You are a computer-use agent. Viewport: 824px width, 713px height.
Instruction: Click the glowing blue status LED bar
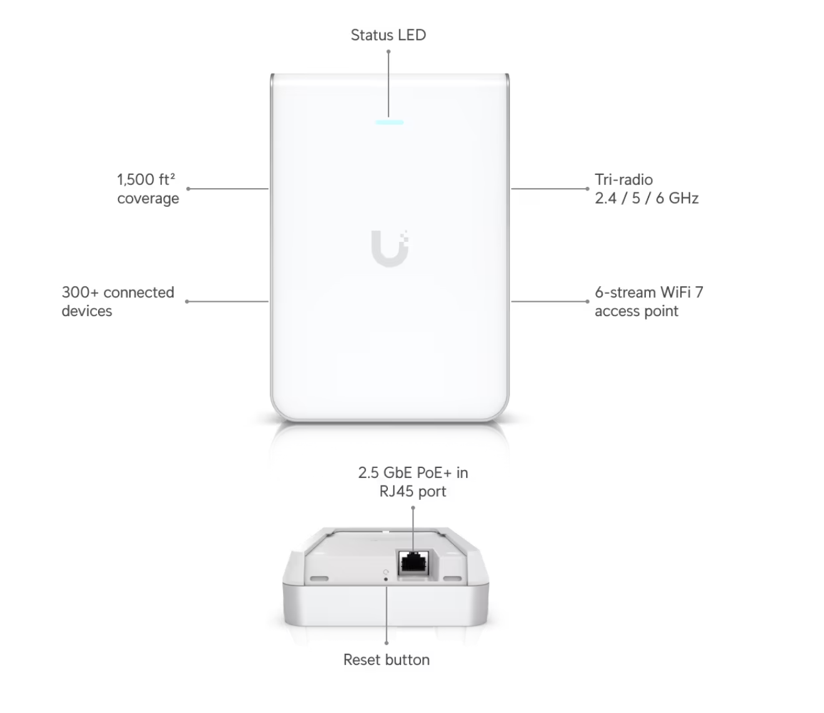pyautogui.click(x=389, y=122)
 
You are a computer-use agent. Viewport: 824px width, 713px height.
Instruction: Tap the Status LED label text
pyautogui.click(x=389, y=35)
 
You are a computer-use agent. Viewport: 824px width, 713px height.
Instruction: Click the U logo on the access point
pyautogui.click(x=389, y=248)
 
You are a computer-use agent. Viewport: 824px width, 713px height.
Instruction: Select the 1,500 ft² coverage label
pyautogui.click(x=148, y=189)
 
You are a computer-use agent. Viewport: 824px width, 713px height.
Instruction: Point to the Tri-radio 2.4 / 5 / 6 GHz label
pyautogui.click(x=646, y=189)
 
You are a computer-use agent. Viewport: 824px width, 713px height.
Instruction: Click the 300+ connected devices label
pyautogui.click(x=118, y=301)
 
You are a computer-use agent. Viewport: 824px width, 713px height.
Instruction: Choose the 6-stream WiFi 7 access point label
pyautogui.click(x=648, y=301)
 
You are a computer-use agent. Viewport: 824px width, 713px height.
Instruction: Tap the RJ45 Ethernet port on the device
pyautogui.click(x=414, y=562)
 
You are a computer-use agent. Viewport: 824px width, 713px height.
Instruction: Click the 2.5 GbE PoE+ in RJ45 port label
pyautogui.click(x=413, y=482)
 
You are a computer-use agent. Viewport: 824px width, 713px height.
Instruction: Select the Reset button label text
pyautogui.click(x=386, y=660)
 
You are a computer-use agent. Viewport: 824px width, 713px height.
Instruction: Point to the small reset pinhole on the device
pyautogui.click(x=385, y=579)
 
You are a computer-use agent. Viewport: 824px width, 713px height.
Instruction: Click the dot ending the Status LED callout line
pyautogui.click(x=389, y=51)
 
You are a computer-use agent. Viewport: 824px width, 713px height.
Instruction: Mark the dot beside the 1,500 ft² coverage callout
pyautogui.click(x=188, y=189)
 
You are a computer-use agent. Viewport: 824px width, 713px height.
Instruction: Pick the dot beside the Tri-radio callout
pyautogui.click(x=587, y=189)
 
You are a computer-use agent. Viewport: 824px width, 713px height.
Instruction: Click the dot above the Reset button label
pyautogui.click(x=386, y=643)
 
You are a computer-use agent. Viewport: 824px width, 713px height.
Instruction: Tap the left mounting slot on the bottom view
pyautogui.click(x=319, y=578)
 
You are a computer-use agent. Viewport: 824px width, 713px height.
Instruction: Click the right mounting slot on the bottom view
pyautogui.click(x=452, y=578)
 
